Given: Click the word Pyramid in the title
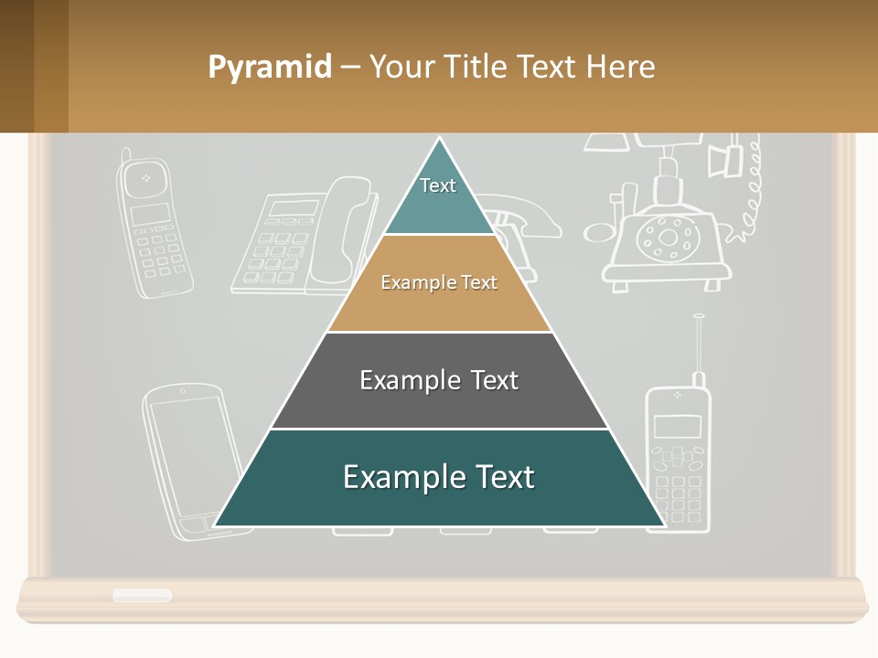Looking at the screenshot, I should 269,67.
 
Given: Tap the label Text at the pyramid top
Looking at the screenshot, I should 438,186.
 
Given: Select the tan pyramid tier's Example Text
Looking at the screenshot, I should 439,282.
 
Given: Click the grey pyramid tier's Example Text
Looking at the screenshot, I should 439,380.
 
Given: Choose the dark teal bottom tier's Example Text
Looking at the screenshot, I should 439,477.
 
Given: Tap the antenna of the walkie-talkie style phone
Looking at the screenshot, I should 699,343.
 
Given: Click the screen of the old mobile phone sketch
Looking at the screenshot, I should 150,214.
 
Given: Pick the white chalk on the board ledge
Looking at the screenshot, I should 142,595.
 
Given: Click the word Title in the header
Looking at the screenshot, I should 476,67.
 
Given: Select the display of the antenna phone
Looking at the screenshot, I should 678,425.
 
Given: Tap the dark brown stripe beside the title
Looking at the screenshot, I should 16,67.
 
